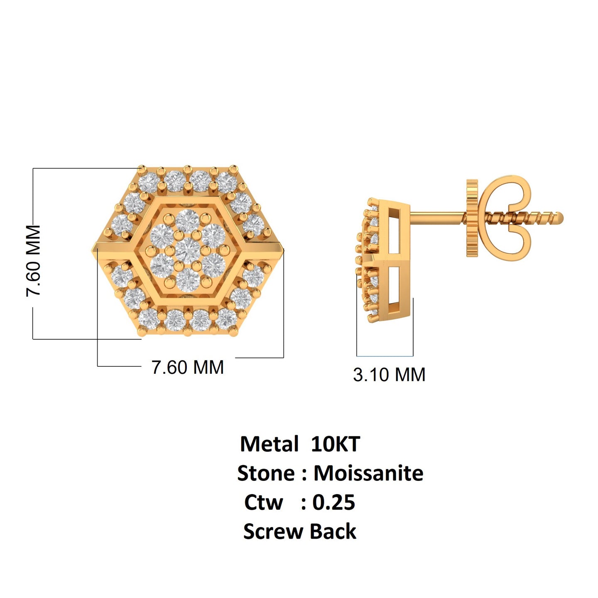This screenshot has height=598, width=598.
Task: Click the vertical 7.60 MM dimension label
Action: (34, 260)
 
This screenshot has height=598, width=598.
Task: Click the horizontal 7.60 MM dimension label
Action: (187, 368)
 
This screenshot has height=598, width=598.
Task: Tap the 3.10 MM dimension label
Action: (389, 375)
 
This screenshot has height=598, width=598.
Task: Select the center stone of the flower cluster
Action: (188, 249)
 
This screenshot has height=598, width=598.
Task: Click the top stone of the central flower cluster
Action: (188, 221)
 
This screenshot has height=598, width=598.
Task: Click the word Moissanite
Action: (368, 473)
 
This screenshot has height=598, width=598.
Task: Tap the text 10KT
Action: (335, 444)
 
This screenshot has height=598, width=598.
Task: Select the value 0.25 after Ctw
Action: (333, 502)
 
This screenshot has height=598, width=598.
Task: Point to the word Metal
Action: (269, 444)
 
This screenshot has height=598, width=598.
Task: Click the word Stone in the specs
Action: (266, 473)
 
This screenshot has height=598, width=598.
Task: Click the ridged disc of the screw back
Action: (472, 218)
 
